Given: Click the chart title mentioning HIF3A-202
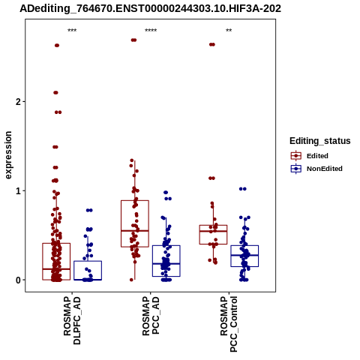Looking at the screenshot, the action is point(150,9).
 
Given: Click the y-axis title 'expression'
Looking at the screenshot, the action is point(8,155).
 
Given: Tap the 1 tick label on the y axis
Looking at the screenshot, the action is point(18,191).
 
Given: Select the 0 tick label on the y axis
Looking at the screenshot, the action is point(18,280).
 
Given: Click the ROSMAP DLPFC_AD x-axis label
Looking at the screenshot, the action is point(72,320).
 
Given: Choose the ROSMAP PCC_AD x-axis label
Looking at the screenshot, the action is point(151,316).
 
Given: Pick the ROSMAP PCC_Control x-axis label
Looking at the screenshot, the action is point(229,324).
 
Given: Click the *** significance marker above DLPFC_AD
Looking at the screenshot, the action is point(72,31).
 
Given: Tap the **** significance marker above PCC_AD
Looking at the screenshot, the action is point(151,31).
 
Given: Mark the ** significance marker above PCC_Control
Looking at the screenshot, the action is point(229,31).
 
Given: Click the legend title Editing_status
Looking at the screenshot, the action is point(320,141).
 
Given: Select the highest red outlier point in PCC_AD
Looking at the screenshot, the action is point(133,40).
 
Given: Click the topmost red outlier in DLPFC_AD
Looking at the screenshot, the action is point(57,45).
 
